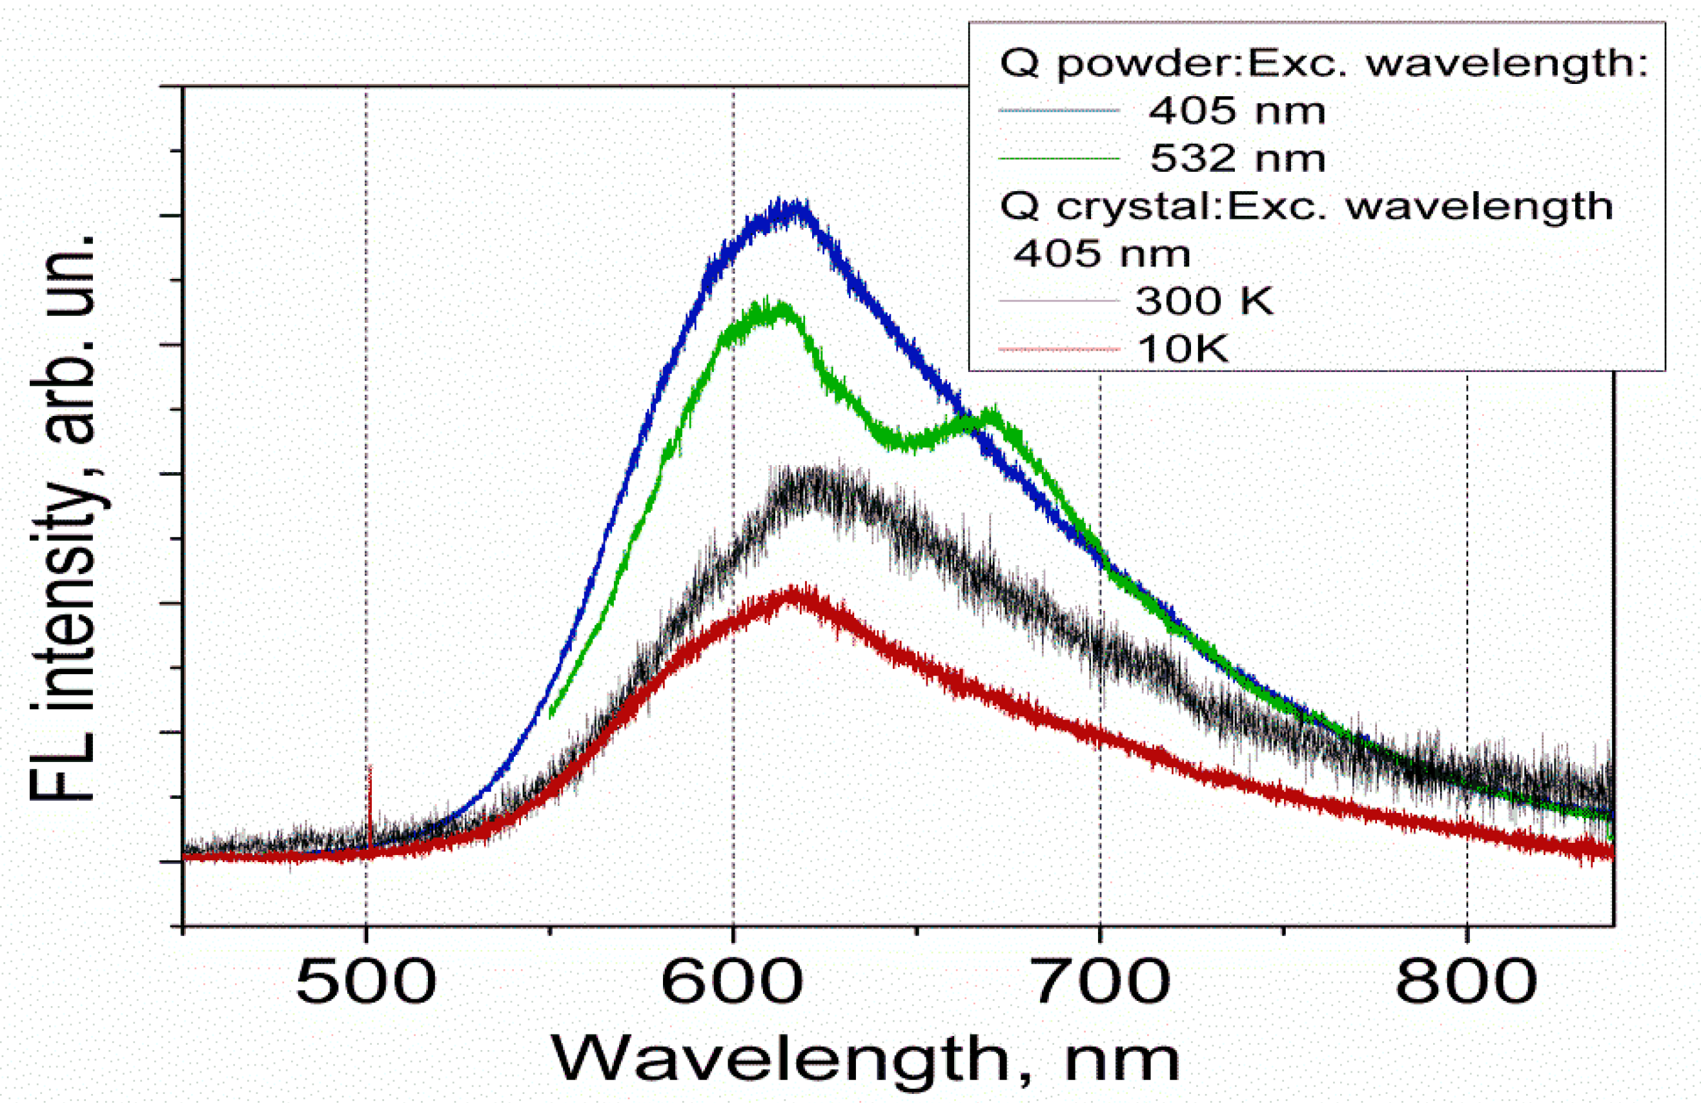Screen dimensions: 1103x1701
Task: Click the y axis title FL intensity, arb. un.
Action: click(65, 515)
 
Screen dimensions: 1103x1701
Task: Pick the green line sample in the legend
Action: click(1058, 158)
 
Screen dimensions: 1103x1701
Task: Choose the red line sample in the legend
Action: click(1058, 349)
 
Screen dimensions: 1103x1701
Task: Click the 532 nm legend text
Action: click(1237, 158)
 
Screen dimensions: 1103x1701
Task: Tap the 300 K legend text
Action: click(1205, 301)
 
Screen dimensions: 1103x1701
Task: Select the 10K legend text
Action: click(1183, 349)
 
